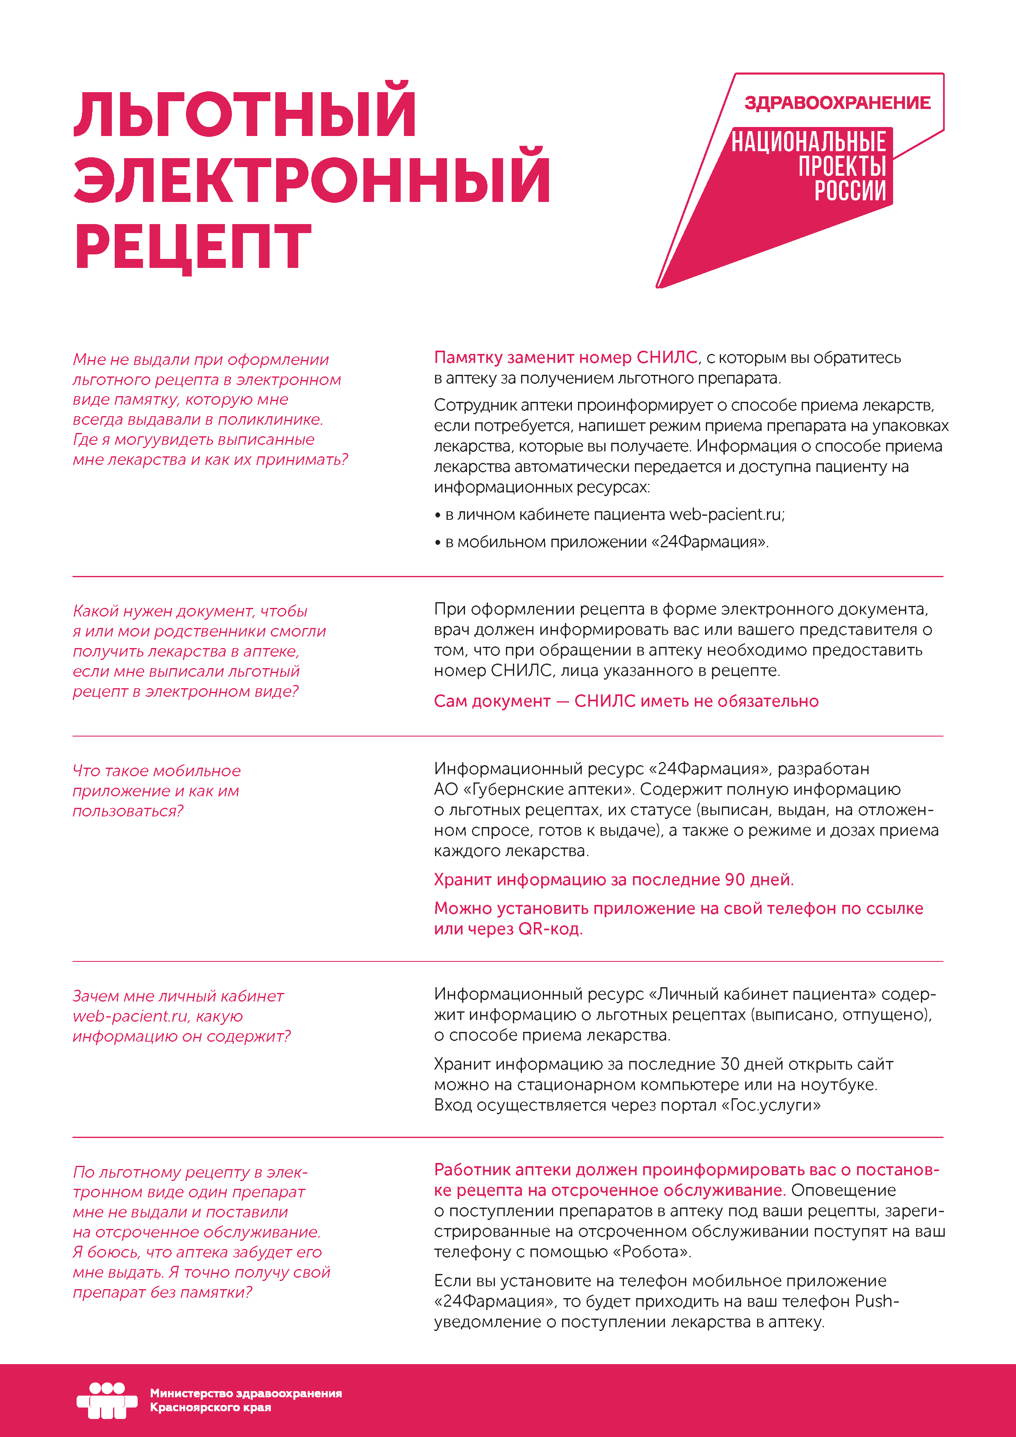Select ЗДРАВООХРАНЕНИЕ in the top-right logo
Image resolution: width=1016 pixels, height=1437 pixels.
tap(837, 103)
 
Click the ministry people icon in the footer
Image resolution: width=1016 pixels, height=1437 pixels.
tap(107, 1400)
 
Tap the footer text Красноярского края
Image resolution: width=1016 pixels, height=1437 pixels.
tap(210, 1408)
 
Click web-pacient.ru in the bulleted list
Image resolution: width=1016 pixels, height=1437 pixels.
tap(725, 515)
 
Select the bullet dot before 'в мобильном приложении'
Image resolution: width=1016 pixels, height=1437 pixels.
tap(438, 543)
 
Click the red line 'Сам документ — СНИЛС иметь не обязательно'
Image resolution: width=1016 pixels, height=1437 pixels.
tap(626, 701)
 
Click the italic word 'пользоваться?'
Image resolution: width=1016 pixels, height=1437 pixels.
tap(128, 811)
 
